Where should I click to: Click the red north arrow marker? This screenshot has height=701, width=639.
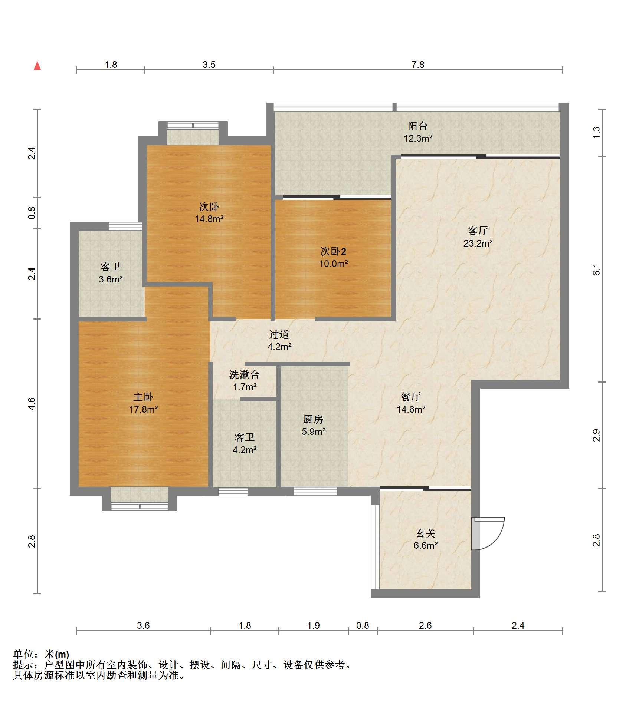click(37, 66)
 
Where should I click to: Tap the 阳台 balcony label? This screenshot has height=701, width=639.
click(418, 126)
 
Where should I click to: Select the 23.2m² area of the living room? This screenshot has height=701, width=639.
click(478, 244)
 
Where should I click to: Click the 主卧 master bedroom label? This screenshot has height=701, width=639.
click(143, 397)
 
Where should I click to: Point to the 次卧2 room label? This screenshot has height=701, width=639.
click(333, 251)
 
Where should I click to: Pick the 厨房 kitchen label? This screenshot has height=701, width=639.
click(313, 419)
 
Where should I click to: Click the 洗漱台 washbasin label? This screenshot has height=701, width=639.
click(244, 375)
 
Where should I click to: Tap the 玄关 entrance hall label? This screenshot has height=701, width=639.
click(425, 533)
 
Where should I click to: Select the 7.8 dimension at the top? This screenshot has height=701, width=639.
click(418, 65)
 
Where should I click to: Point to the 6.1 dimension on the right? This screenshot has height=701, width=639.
click(596, 270)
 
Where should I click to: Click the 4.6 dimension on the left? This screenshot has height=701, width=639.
click(32, 404)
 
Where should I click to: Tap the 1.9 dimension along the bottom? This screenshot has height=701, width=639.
click(314, 626)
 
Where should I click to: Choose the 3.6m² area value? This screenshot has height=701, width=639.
click(111, 280)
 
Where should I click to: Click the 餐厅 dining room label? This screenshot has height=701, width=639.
click(411, 397)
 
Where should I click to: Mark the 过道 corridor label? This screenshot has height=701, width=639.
click(279, 334)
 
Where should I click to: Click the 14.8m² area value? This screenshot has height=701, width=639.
click(209, 219)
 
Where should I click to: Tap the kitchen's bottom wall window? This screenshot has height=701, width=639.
click(315, 492)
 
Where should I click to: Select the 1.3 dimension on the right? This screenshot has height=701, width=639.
click(596, 132)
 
